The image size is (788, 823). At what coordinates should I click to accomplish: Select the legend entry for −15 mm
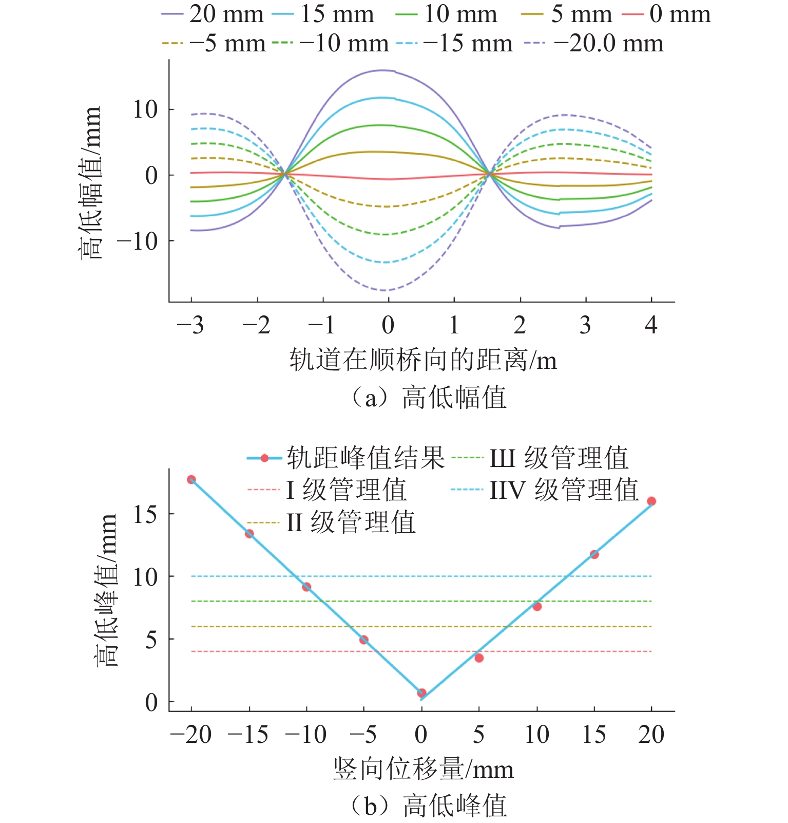pyautogui.click(x=467, y=43)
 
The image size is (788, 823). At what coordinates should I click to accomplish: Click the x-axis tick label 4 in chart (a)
pyautogui.click(x=651, y=325)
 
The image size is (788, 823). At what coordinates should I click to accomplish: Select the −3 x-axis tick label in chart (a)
pyautogui.click(x=190, y=325)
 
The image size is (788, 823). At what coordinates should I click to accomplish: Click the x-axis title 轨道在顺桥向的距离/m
pyautogui.click(x=422, y=360)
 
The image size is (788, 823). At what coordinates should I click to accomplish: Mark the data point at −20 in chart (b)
pyautogui.click(x=191, y=479)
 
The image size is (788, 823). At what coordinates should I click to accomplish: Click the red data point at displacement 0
pyautogui.click(x=421, y=693)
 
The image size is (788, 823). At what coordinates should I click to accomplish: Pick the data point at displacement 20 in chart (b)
pyautogui.click(x=651, y=501)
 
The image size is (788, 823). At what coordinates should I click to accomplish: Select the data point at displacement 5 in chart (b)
pyautogui.click(x=479, y=658)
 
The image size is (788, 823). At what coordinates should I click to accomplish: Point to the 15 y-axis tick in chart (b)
pyautogui.click(x=145, y=514)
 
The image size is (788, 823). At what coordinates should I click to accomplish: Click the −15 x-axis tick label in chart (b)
pyautogui.click(x=248, y=735)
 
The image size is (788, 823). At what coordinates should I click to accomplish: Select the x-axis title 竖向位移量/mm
pyautogui.click(x=423, y=770)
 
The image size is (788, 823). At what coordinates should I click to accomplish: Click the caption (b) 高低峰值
pyautogui.click(x=428, y=806)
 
